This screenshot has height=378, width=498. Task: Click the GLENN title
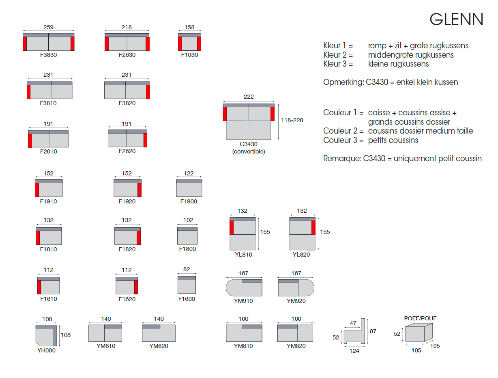[456, 19]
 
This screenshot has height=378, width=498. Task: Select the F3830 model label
[48, 55]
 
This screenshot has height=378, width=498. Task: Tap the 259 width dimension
[48, 27]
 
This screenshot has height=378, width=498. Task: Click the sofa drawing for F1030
[189, 42]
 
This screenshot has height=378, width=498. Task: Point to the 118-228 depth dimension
[292, 120]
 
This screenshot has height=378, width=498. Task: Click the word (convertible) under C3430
[249, 151]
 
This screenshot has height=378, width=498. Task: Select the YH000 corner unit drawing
[46, 335]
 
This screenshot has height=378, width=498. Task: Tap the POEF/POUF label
[420, 318]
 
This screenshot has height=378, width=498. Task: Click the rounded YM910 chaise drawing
[244, 287]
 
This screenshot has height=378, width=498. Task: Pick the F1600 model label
[187, 299]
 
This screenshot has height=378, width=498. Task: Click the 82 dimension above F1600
[187, 269]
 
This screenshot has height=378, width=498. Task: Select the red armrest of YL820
[313, 227]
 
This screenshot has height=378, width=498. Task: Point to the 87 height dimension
[373, 331]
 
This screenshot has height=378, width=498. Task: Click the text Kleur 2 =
[338, 55]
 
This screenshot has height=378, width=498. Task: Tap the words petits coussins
[393, 140]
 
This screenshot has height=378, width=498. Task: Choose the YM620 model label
[159, 346]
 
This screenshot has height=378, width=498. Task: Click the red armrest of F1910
[37, 190]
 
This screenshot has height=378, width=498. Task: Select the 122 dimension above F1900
[189, 173]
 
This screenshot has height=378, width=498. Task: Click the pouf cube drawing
[419, 333]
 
